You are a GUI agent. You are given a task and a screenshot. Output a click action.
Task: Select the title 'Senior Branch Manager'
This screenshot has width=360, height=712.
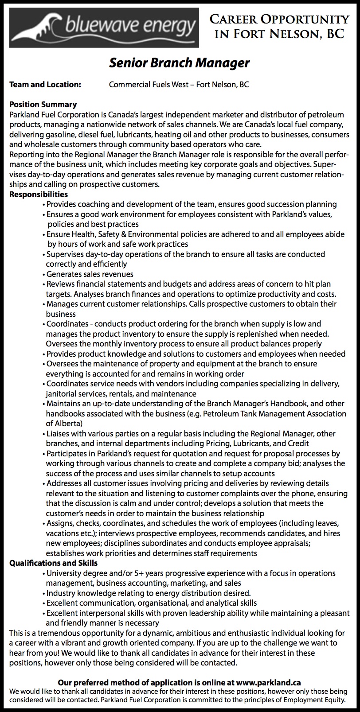[180, 63]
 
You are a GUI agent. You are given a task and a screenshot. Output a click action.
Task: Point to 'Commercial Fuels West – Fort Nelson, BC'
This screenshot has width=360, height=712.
[179, 85]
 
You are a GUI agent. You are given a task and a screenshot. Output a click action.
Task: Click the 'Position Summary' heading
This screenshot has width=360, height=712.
[43, 105]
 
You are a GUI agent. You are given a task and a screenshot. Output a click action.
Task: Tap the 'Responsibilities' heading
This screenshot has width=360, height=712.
[39, 194]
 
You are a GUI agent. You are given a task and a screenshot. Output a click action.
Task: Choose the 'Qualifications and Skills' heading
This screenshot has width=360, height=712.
[54, 563]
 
